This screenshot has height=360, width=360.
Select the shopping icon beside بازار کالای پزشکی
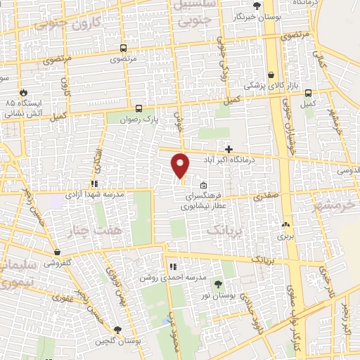(x=271, y=75)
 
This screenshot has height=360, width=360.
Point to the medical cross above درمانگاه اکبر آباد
(x=229, y=148)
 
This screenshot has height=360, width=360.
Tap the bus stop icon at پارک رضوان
(x=139, y=109)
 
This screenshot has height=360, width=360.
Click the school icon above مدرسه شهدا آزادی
(x=94, y=184)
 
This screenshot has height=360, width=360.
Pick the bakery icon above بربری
(x=285, y=226)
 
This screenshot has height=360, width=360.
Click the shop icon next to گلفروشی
(x=57, y=252)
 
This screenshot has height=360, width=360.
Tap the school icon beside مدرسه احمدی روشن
(x=172, y=266)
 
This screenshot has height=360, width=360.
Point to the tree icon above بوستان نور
(x=218, y=284)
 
